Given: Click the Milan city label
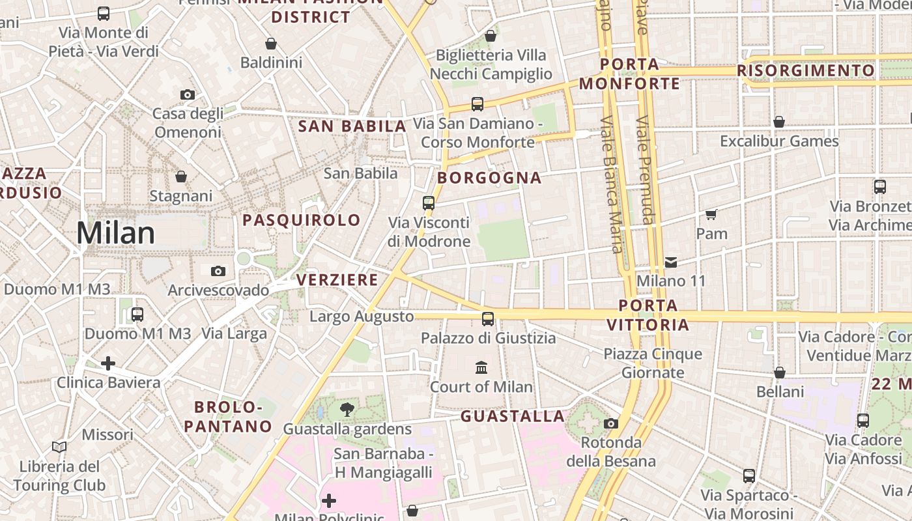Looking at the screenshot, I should click(x=116, y=233).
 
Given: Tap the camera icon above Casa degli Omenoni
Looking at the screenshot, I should click(x=188, y=94).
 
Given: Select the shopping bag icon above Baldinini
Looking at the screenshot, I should click(x=271, y=44).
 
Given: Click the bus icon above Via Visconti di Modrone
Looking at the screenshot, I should click(x=428, y=203).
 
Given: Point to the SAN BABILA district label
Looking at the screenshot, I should click(x=352, y=126).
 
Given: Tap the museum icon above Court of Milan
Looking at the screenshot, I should click(x=481, y=367).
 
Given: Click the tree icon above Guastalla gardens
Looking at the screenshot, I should click(x=347, y=410).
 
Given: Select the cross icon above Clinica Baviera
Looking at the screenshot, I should click(x=108, y=363).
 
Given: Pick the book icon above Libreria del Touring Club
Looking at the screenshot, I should click(x=59, y=447).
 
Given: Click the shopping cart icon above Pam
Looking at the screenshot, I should click(x=711, y=214).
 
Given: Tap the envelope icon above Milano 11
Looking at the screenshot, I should click(x=671, y=262).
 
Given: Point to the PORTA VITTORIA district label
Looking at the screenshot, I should click(x=648, y=315).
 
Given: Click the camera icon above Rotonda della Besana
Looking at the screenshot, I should click(x=610, y=423).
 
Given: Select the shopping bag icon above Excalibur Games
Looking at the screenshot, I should click(x=779, y=122).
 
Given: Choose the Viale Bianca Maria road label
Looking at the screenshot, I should click(x=611, y=184).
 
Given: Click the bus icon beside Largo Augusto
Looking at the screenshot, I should click(x=488, y=318).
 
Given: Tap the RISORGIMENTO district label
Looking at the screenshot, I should click(x=806, y=70).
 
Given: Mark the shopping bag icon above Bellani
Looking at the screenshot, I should click(x=780, y=373).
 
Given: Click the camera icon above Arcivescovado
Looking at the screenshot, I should click(x=218, y=271).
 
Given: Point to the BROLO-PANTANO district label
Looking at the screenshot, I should click(x=227, y=417).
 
